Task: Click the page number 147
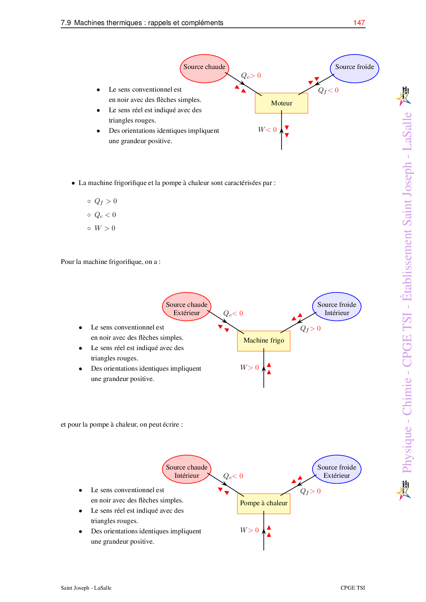(x=359, y=23)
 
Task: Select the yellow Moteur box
(x=281, y=103)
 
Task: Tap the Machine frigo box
(x=264, y=340)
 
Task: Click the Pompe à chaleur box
(x=264, y=503)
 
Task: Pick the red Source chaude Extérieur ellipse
(x=187, y=306)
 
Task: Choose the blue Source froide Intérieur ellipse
(x=337, y=306)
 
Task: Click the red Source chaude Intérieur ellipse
(x=187, y=469)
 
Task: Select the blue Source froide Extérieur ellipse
(x=337, y=469)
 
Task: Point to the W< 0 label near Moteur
(x=267, y=130)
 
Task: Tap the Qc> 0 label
(x=251, y=76)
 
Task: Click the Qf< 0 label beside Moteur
(x=328, y=90)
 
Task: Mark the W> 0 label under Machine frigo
(x=249, y=368)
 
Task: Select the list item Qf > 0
(x=105, y=201)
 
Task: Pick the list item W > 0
(x=105, y=228)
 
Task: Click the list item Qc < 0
(x=105, y=215)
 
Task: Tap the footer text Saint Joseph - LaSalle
(x=86, y=588)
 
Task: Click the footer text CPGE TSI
(x=352, y=588)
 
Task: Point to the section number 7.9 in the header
(x=66, y=23)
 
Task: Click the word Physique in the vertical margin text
(x=407, y=450)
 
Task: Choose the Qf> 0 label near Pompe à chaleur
(x=310, y=491)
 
